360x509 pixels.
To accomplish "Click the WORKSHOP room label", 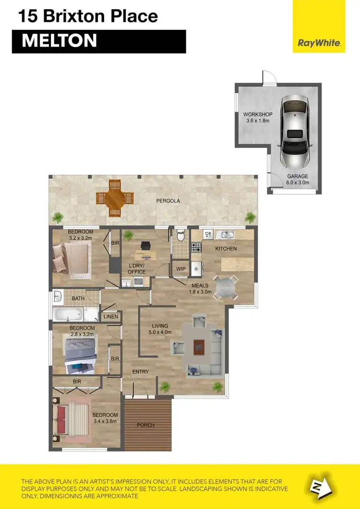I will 258,114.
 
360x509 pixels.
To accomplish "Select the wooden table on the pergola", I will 114,198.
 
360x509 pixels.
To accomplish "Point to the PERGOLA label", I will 168,201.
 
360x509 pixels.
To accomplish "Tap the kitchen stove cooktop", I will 196,248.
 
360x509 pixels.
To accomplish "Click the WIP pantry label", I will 181,269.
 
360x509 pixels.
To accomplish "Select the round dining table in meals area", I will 225,287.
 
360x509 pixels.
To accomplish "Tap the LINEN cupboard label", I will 110,317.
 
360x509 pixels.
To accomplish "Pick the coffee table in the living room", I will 199,347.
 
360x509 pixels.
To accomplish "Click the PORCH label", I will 146,425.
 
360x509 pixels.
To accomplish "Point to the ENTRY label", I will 141,372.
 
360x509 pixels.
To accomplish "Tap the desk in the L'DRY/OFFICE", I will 146,247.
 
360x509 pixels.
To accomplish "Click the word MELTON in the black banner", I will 59,41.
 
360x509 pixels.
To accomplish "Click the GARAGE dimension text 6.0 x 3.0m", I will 298,182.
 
